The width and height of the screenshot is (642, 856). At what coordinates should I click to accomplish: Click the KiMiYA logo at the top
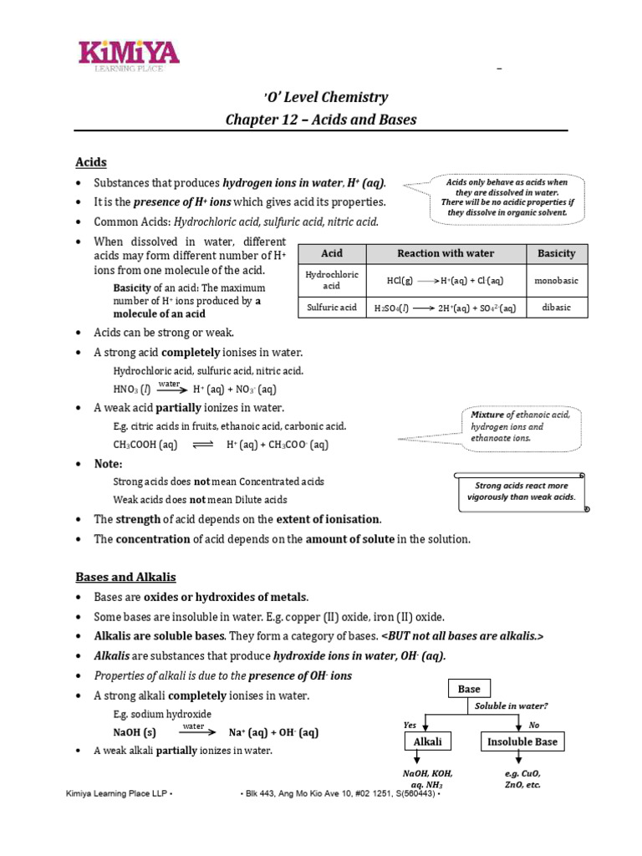(129, 55)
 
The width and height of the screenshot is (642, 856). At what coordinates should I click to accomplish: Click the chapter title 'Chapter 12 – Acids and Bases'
(321, 120)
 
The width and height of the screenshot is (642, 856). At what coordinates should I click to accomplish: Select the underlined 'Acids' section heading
(91, 162)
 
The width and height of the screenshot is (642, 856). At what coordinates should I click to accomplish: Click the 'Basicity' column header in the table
(556, 253)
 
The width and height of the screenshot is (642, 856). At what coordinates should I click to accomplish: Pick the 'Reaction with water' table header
(446, 253)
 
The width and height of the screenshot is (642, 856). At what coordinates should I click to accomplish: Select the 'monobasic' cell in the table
(556, 281)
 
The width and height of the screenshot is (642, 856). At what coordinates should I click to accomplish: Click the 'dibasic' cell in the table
(556, 308)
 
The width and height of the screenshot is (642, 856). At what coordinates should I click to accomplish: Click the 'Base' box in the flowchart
(469, 689)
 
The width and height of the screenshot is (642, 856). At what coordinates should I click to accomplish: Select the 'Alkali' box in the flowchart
(427, 741)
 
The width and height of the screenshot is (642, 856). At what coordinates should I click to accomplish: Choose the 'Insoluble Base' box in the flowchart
(522, 741)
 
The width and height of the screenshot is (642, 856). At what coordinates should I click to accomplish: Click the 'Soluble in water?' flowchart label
(512, 706)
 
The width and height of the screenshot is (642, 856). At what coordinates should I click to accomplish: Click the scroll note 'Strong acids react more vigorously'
(521, 492)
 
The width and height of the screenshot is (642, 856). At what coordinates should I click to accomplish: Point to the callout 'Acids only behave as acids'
(506, 197)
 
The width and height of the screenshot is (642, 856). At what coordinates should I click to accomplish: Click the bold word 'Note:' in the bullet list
(109, 464)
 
